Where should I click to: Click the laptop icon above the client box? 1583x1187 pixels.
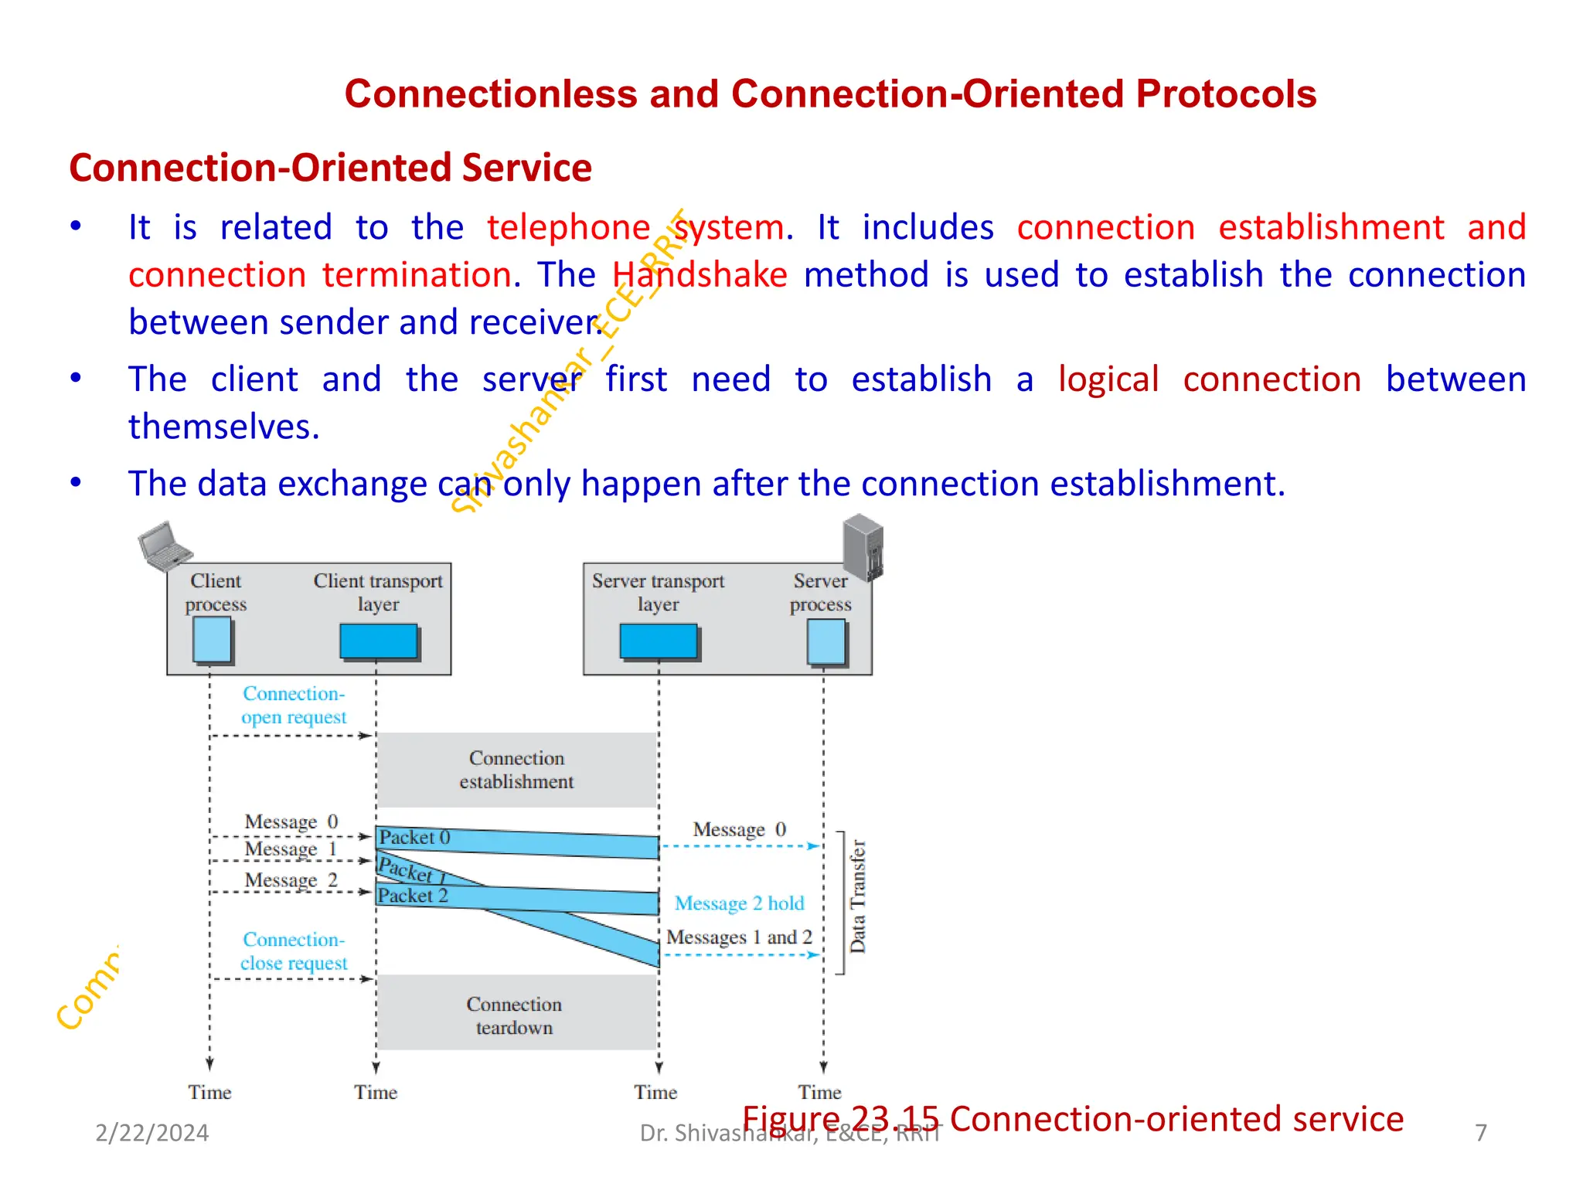(165, 546)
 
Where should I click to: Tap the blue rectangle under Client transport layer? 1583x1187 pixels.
(379, 641)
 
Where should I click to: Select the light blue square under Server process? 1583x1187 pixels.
(826, 641)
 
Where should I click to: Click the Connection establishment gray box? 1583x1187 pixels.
(516, 770)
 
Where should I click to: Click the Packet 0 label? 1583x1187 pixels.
(414, 838)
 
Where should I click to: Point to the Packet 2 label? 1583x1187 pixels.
(413, 896)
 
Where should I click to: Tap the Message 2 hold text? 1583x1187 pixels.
(739, 903)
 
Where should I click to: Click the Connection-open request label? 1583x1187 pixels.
(294, 705)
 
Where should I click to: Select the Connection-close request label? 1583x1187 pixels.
(294, 951)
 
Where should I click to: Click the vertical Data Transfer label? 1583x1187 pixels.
(858, 896)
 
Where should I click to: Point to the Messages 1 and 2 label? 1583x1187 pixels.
(739, 937)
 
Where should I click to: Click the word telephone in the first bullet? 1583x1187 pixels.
(569, 228)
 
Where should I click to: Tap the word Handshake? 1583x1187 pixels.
(700, 275)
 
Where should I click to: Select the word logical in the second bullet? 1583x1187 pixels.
(1108, 380)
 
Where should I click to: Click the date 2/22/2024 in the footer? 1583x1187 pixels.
(152, 1133)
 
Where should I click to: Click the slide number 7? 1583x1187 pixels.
(1480, 1133)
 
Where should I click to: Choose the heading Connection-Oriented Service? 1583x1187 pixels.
(331, 168)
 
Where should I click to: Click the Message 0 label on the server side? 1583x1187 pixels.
(739, 830)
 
